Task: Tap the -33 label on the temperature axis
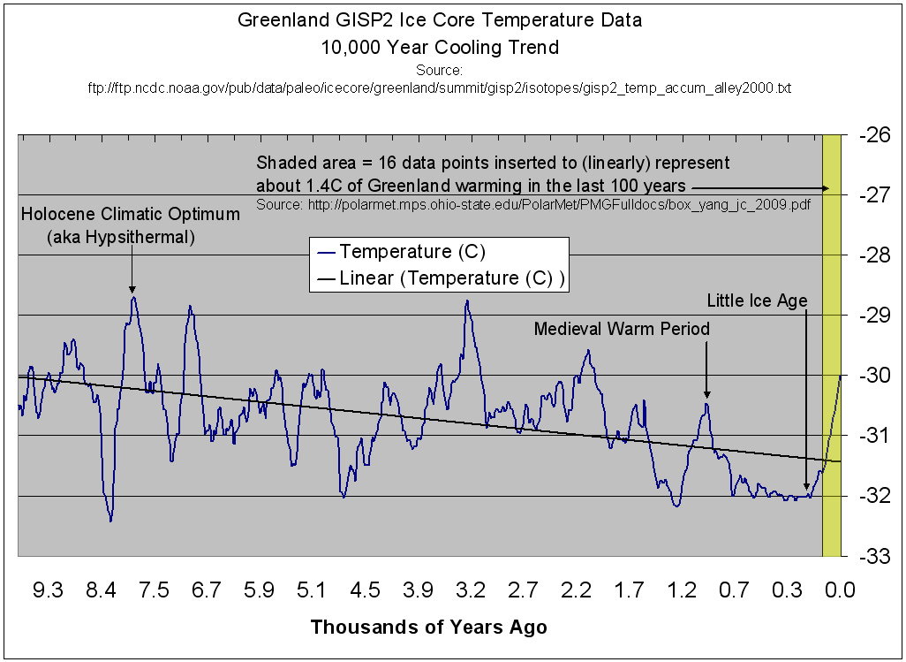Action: coord(874,556)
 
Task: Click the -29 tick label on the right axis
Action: coord(874,316)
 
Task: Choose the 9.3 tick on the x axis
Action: coord(49,590)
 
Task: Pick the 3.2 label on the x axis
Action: coord(472,590)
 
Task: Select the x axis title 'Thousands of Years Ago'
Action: coord(429,628)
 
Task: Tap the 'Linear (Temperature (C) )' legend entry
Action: coord(442,278)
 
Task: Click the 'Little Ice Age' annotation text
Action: coord(758,301)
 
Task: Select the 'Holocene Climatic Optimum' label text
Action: coord(131,214)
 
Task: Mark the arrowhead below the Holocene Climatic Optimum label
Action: coord(132,288)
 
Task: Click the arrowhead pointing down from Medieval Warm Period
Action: coord(706,397)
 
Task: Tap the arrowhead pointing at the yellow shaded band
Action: coord(826,187)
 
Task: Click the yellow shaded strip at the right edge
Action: coord(832,354)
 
